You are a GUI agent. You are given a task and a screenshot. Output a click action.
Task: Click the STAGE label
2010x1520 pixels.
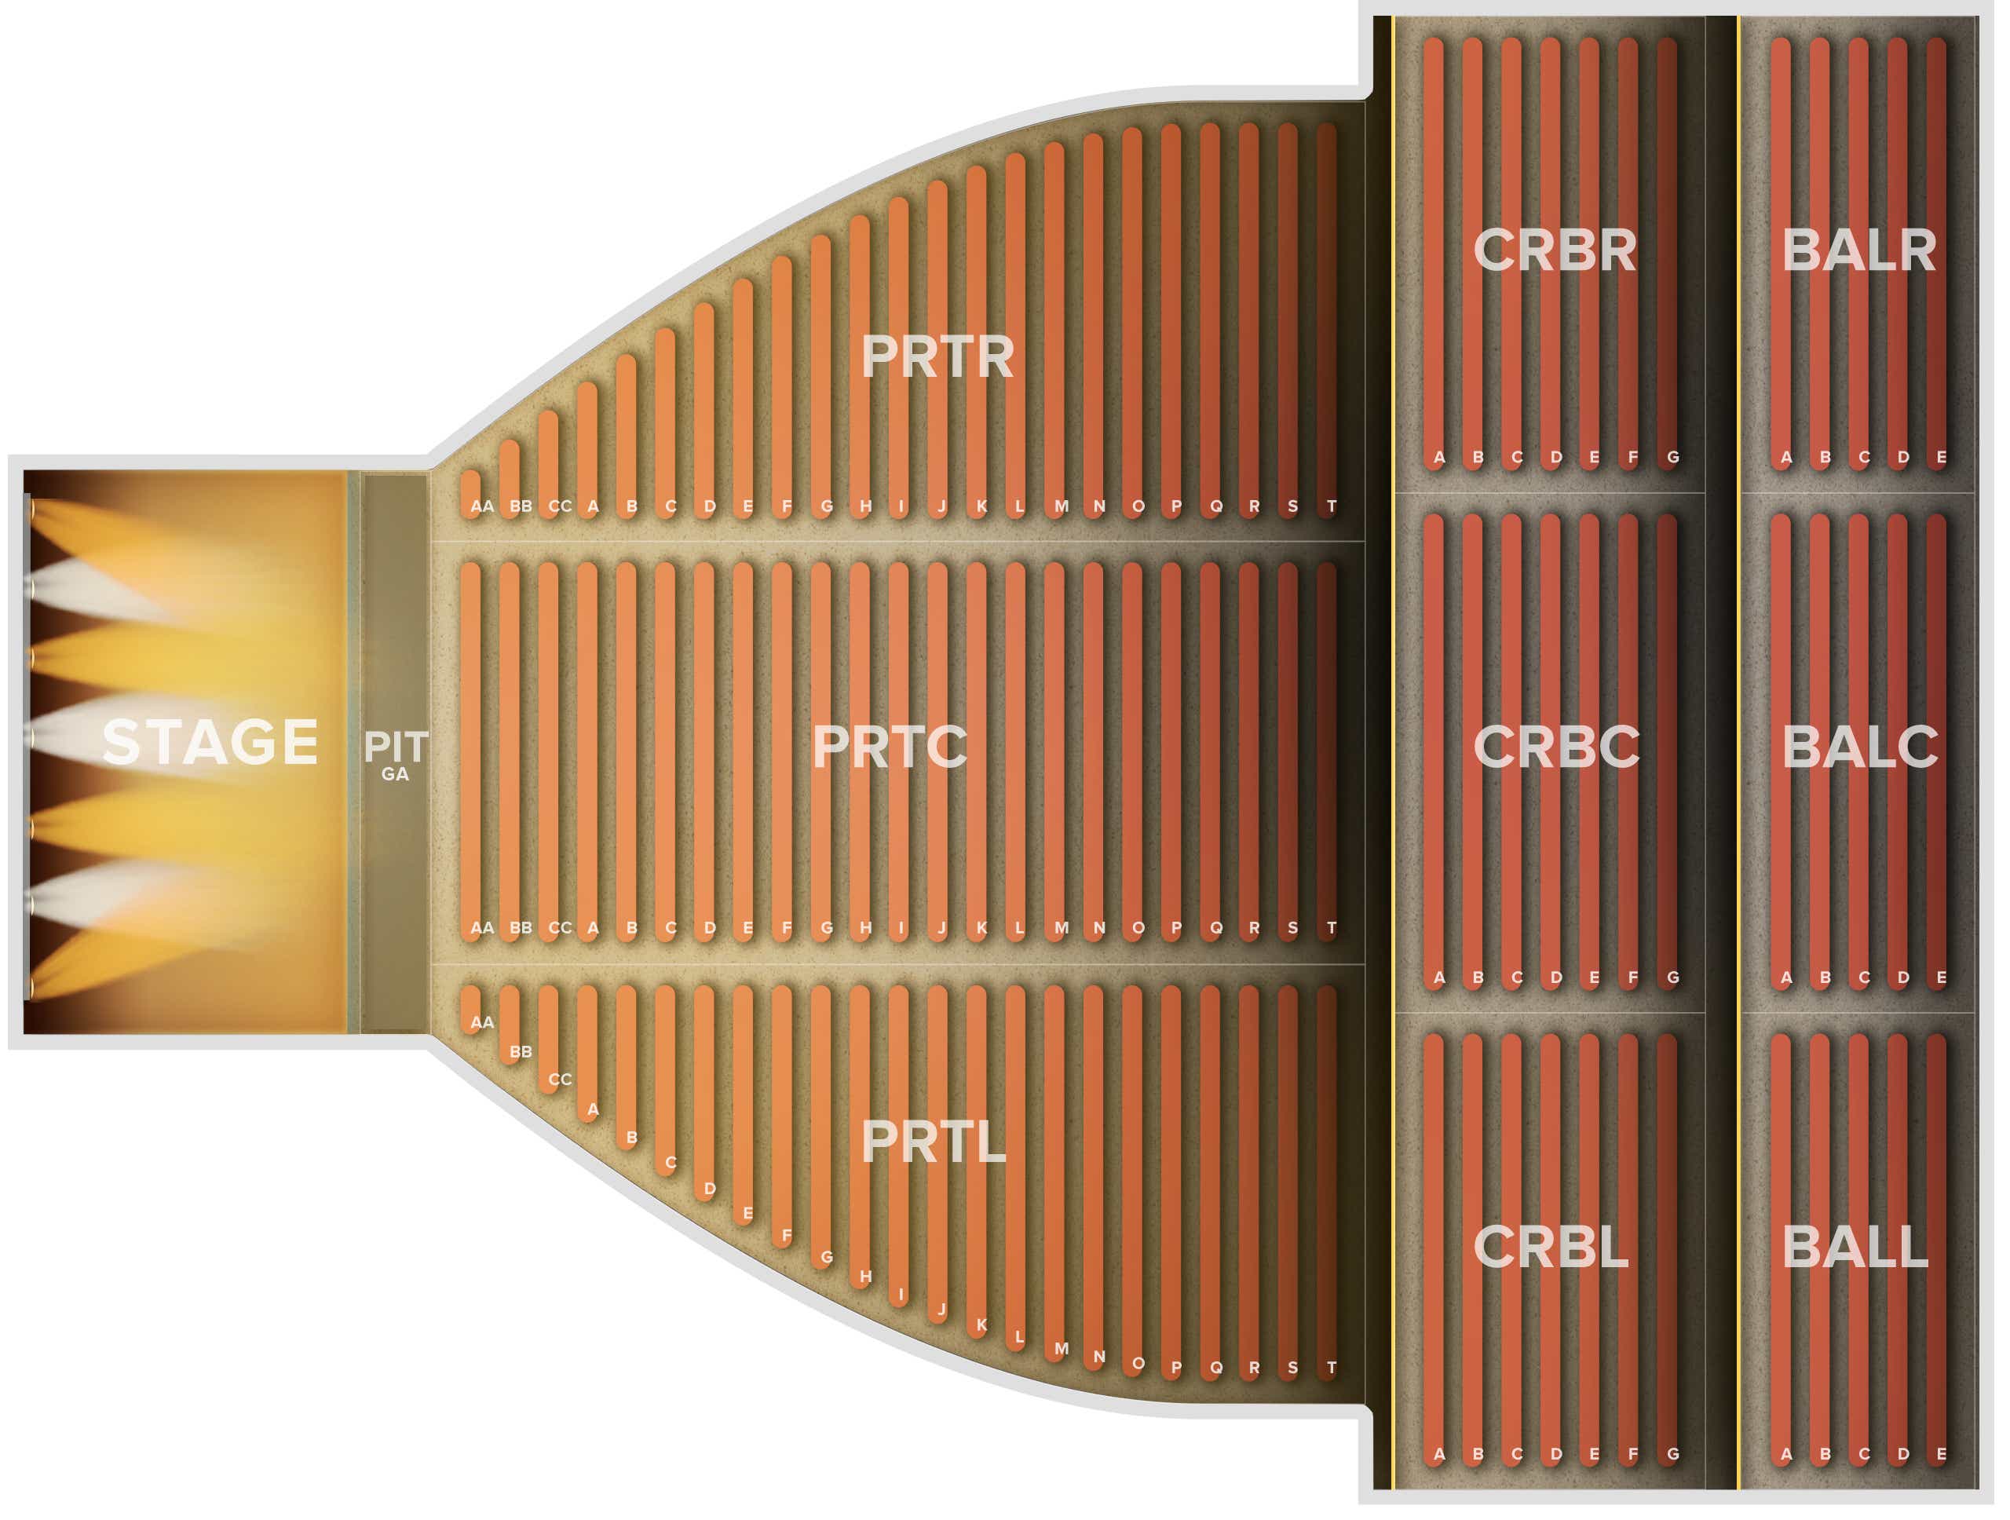click(x=210, y=742)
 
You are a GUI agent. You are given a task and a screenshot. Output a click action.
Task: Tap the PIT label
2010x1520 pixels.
click(x=395, y=747)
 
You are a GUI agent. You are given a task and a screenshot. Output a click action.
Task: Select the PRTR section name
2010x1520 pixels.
click(x=937, y=357)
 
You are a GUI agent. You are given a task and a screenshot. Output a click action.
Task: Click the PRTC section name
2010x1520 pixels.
click(x=890, y=747)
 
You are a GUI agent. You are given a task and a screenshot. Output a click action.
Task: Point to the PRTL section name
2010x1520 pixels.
click(x=934, y=1142)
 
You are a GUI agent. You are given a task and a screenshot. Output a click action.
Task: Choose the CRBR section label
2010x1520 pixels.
click(x=1555, y=250)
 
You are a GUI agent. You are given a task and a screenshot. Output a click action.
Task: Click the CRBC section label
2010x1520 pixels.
click(x=1556, y=747)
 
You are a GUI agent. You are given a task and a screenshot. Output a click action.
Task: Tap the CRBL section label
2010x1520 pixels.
click(x=1550, y=1247)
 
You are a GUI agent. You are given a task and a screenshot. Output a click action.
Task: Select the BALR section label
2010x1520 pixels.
click(x=1859, y=250)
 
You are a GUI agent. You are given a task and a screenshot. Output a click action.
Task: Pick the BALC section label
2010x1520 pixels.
click(x=1860, y=747)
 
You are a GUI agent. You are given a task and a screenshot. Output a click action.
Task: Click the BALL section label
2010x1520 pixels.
click(x=1855, y=1247)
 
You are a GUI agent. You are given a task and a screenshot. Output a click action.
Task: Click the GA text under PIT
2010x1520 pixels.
click(x=395, y=775)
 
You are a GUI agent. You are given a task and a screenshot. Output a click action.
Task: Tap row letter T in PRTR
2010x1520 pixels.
click(x=1331, y=507)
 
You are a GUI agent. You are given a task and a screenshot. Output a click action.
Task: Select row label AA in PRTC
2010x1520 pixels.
click(x=483, y=929)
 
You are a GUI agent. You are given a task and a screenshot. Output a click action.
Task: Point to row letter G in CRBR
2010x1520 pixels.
click(x=1673, y=458)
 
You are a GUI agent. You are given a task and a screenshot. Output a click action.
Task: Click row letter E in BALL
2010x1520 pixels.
click(x=1941, y=1455)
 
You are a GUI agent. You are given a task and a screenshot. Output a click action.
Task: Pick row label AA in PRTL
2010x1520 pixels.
click(x=483, y=1023)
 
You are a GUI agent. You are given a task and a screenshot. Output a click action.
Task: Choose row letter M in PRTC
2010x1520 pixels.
click(x=1061, y=929)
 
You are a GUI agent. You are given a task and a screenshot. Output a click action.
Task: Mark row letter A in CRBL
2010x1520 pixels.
click(x=1438, y=1455)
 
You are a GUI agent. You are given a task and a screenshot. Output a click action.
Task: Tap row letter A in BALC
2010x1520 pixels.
click(x=1785, y=978)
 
